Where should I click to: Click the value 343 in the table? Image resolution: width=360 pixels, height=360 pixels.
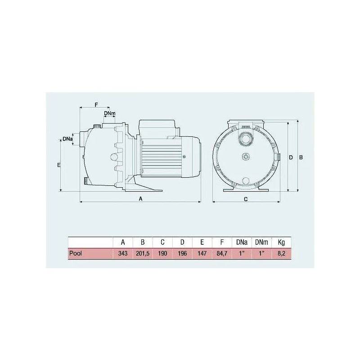point(123,253)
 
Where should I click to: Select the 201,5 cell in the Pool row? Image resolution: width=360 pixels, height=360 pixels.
point(143,253)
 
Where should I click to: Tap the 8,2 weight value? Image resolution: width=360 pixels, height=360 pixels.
point(281,253)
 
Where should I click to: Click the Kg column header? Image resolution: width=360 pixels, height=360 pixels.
point(281,243)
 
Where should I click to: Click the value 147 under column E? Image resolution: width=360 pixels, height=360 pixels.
point(202,253)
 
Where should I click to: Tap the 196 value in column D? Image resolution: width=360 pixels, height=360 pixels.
point(182,253)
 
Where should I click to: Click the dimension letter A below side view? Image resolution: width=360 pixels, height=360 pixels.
point(140,198)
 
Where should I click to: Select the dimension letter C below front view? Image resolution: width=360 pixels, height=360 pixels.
point(246,198)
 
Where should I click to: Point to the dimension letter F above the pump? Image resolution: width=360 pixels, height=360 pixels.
point(96,104)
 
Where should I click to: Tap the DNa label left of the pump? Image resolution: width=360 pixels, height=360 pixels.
point(67,139)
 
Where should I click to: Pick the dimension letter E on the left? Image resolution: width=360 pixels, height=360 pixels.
point(59,166)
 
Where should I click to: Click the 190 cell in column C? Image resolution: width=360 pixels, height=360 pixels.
point(162,253)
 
